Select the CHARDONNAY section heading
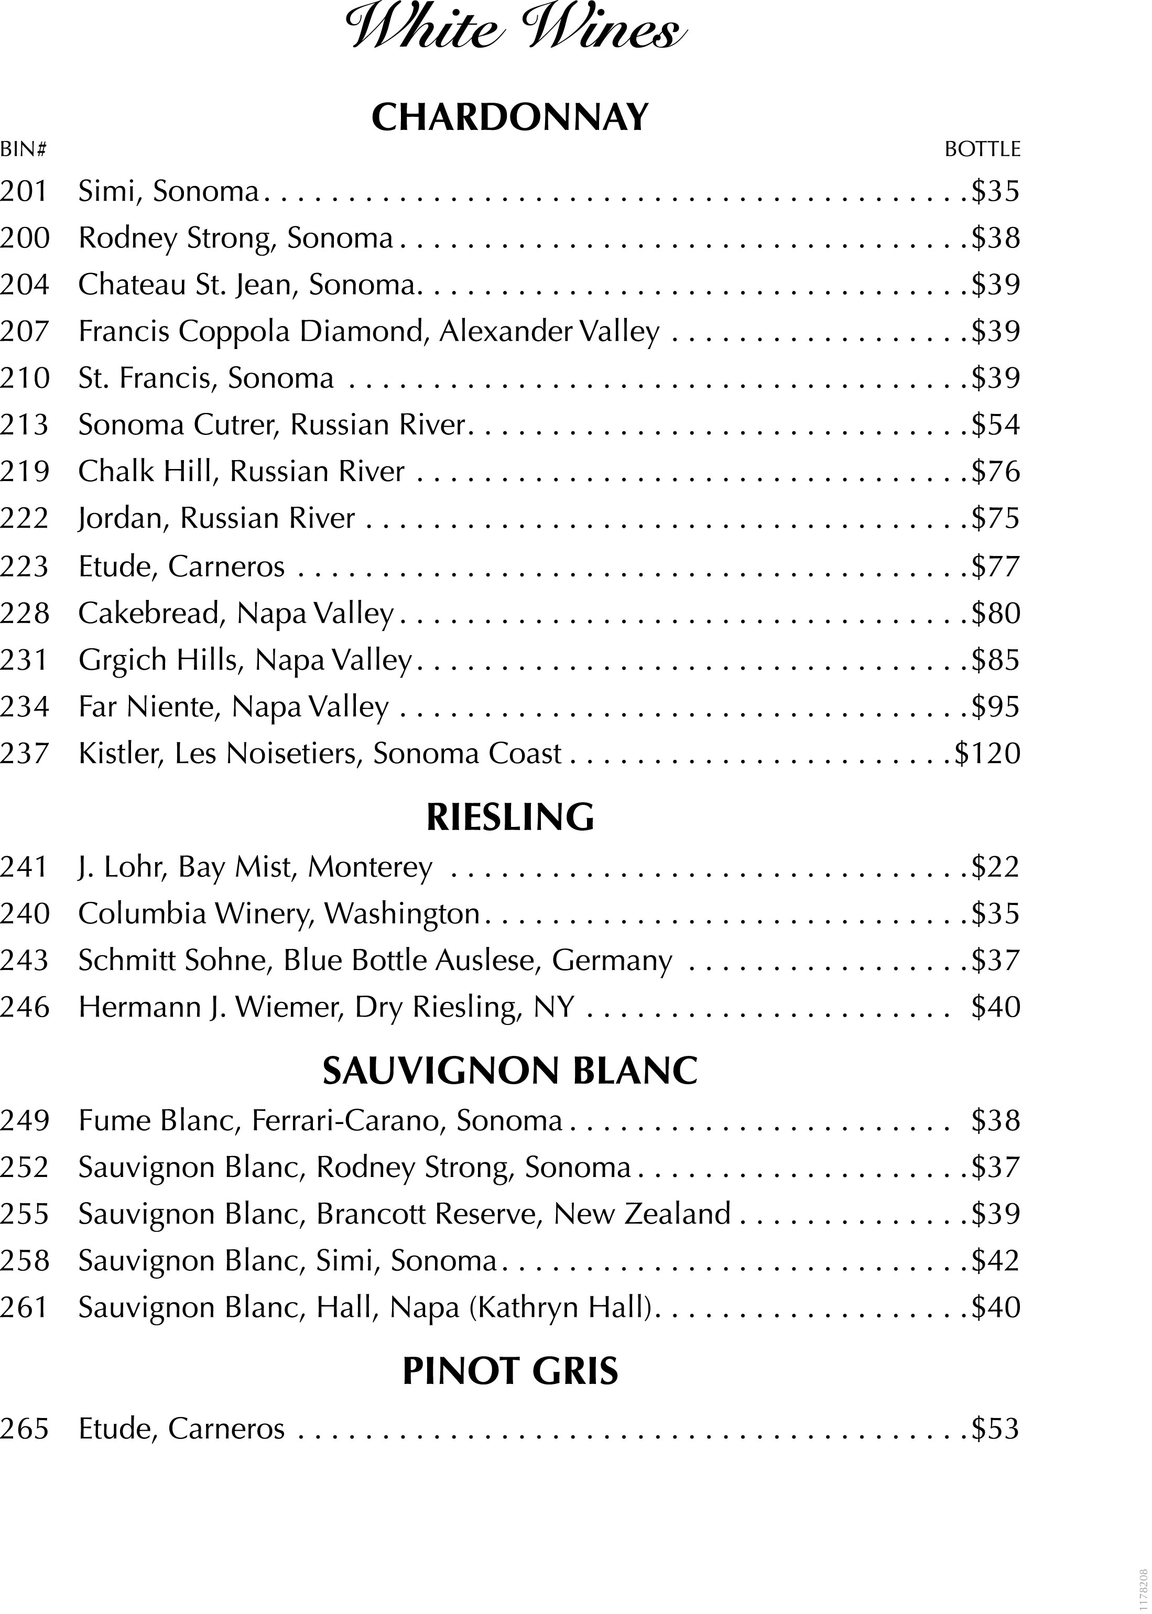click(509, 118)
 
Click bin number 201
click(24, 191)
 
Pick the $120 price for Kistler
click(987, 753)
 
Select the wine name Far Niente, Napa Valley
click(233, 707)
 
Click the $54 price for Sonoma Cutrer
click(995, 425)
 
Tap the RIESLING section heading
click(509, 817)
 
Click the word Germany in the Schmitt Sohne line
click(612, 961)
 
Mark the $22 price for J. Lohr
click(995, 867)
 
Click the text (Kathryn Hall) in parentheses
click(560, 1307)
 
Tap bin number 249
click(24, 1120)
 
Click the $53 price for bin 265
click(995, 1428)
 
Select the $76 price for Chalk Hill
click(995, 472)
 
